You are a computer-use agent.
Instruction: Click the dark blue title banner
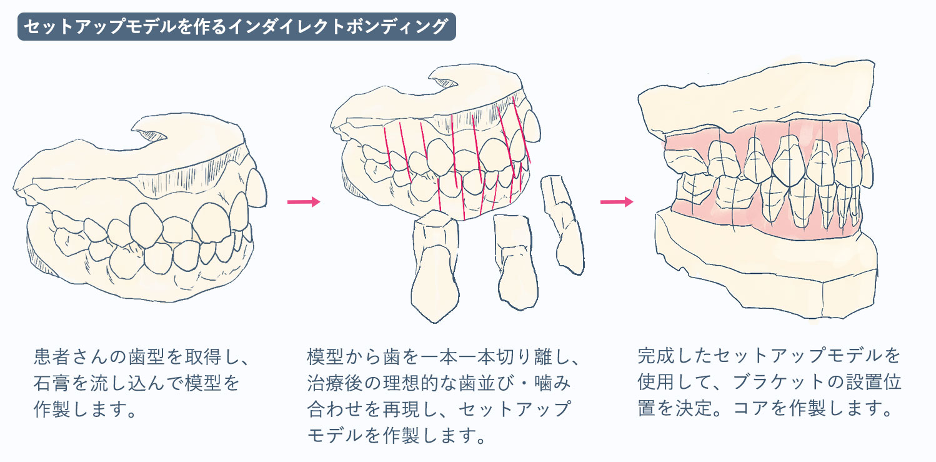pos(237,26)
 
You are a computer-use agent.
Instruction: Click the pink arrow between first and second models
pos(304,202)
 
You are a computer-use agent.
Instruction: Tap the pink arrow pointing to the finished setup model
pos(617,202)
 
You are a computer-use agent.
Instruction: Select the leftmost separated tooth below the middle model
pos(435,266)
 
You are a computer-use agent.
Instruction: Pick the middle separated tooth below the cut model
pos(515,262)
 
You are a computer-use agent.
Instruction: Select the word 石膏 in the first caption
pos(52,383)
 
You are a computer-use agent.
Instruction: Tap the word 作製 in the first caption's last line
pos(52,409)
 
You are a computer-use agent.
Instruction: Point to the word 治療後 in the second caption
pos(335,383)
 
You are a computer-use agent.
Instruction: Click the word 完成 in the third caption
pos(656,355)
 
